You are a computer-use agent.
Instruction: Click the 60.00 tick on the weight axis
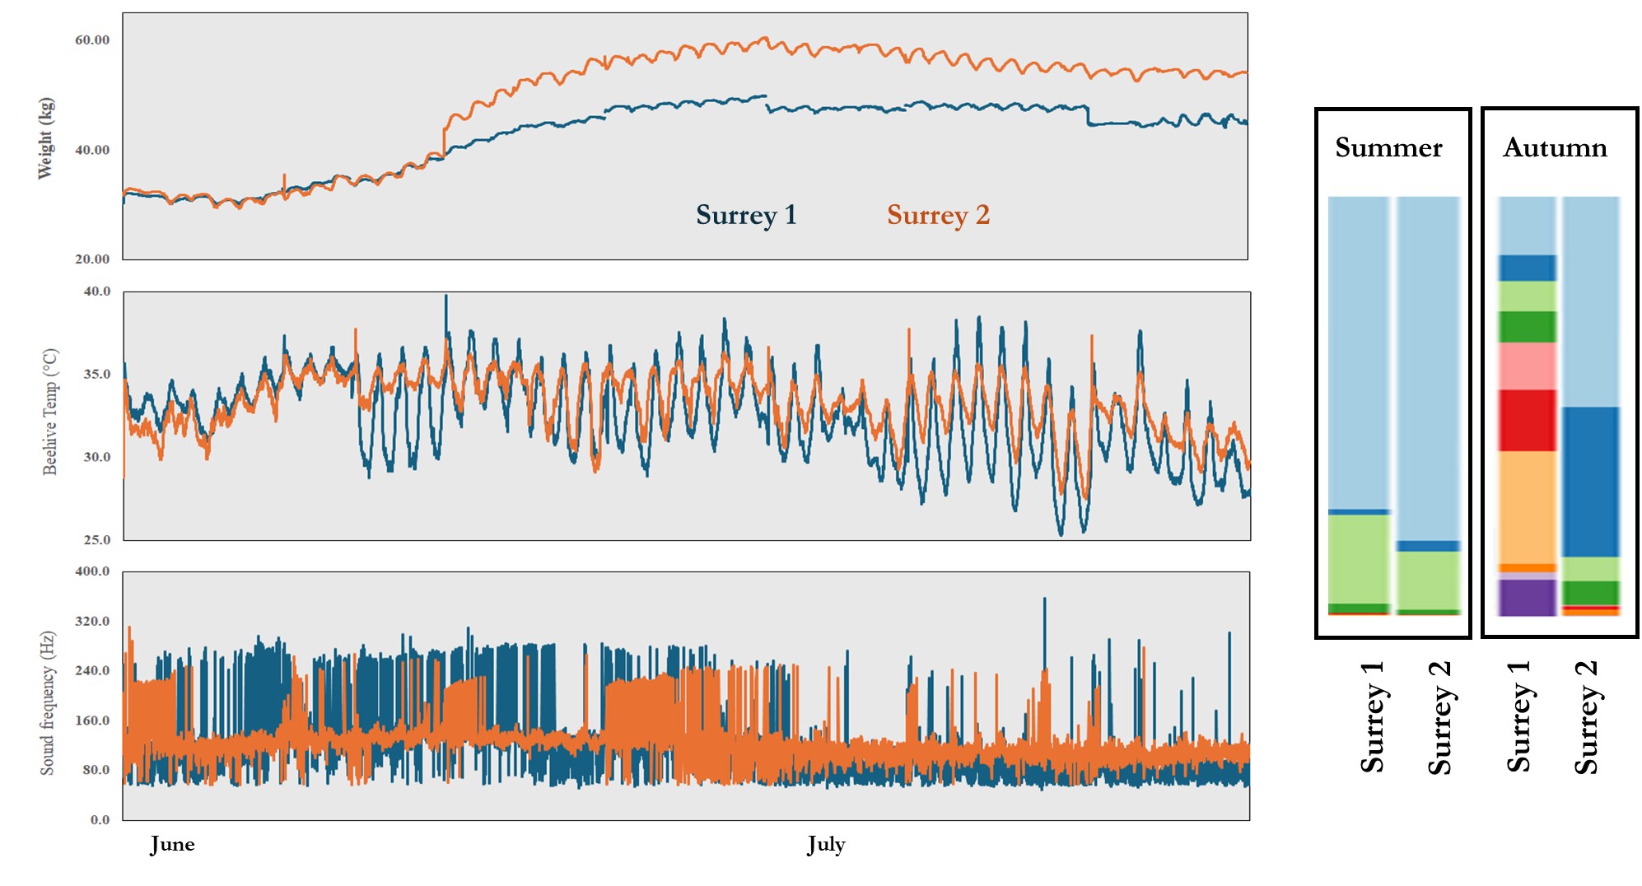92,40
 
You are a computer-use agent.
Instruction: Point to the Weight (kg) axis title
46,138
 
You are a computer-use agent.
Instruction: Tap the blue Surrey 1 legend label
746,215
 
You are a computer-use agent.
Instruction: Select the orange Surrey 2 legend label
938,215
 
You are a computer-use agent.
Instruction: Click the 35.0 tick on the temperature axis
96,374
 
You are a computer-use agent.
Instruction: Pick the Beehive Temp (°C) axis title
50,412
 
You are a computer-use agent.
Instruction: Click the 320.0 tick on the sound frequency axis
92,621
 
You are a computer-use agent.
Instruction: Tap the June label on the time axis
172,844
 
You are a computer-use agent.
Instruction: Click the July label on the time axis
826,844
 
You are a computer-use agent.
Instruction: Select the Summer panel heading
1388,147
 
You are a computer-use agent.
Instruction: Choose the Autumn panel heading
1555,147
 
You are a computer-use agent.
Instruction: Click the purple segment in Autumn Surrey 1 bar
1527,598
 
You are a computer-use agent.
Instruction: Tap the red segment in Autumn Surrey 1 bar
1527,420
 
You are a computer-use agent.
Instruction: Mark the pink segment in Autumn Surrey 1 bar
1527,366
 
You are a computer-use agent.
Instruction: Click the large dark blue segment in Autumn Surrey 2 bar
1590,482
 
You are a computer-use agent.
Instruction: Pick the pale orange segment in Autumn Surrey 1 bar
1527,506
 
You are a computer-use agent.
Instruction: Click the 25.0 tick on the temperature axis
96,539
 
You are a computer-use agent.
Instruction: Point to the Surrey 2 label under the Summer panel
1439,717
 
